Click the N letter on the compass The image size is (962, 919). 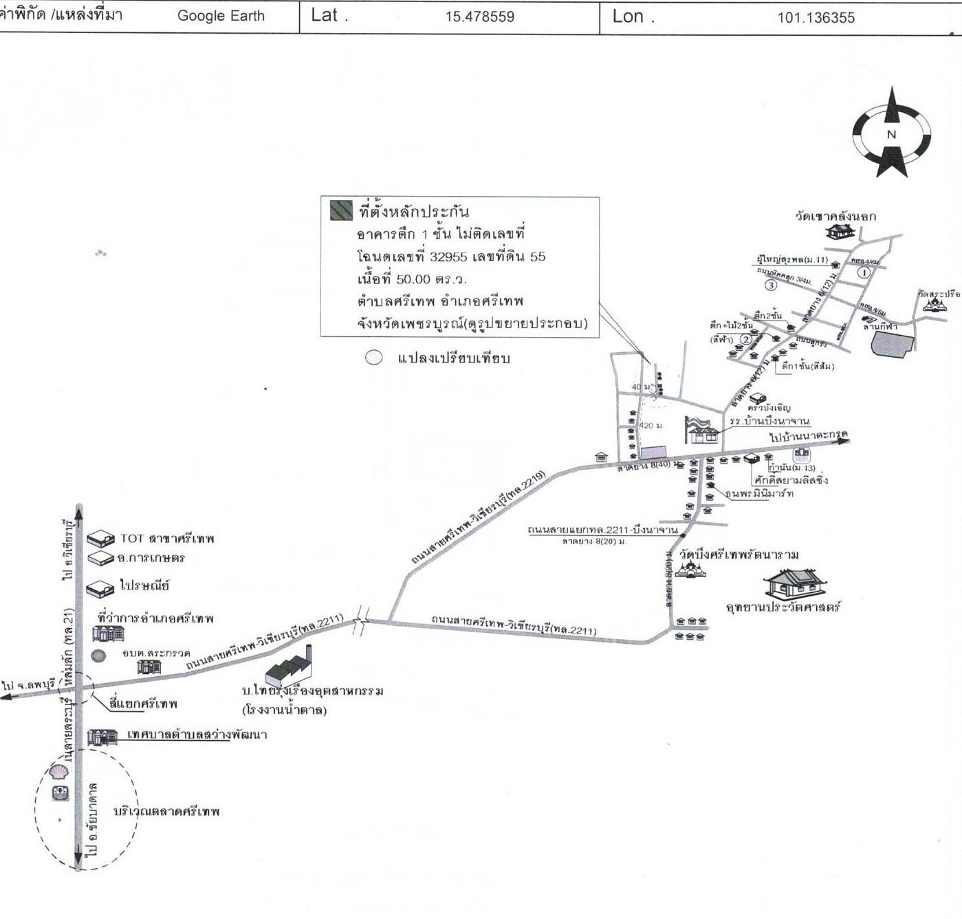coord(892,135)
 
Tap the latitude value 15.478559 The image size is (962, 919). coord(479,17)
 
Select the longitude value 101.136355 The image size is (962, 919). coord(816,18)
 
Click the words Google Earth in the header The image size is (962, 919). coord(221,16)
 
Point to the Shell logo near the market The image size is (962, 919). coord(58,772)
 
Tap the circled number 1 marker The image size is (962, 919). coord(865,272)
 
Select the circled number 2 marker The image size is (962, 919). coord(745,339)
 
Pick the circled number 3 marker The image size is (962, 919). coord(771,285)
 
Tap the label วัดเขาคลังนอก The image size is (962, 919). coord(835,216)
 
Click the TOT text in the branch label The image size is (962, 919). coord(131,539)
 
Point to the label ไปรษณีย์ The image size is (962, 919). coord(144,586)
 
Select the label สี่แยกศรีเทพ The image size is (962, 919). coord(144,704)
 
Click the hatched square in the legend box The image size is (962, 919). coord(341,210)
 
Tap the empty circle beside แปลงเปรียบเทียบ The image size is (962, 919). coord(373,358)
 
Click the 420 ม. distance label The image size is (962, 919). coord(651,426)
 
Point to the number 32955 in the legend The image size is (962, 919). coord(450,257)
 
